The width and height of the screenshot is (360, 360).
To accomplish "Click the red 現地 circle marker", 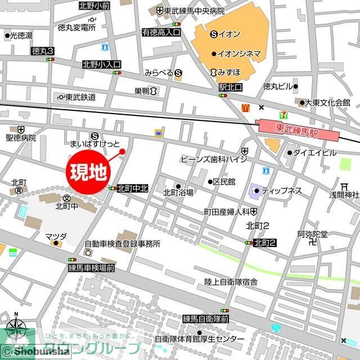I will [x=89, y=171].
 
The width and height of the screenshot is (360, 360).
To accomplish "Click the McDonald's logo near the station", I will [x=246, y=107].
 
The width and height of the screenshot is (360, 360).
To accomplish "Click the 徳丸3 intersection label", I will [x=43, y=51].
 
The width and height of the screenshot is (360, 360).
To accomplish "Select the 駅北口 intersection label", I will [x=231, y=88].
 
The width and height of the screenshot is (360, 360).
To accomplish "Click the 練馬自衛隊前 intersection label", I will [x=206, y=318].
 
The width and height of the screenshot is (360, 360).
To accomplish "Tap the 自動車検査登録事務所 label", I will [x=123, y=244].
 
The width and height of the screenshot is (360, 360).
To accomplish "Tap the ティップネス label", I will [x=282, y=191].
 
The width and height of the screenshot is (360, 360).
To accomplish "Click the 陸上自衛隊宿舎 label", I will [x=231, y=281].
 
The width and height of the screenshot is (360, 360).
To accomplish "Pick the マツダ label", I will [x=56, y=236].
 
